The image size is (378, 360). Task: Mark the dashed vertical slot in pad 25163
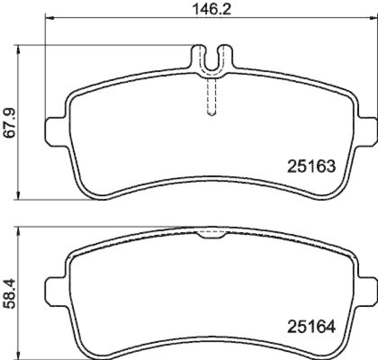click(212, 97)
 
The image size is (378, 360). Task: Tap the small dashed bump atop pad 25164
click(212, 234)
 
